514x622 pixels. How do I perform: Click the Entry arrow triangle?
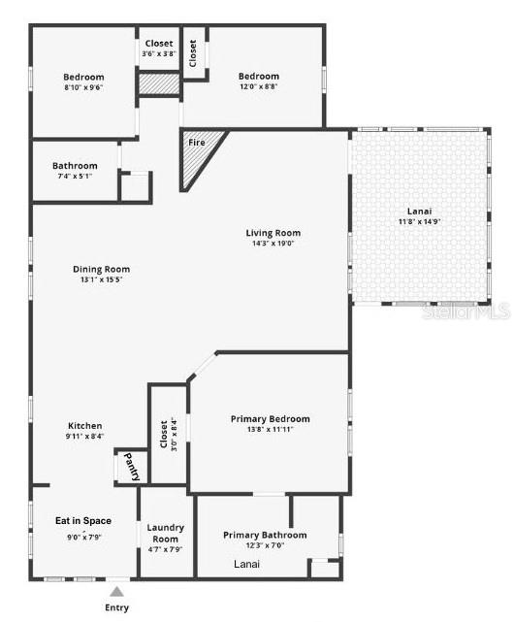pos(116,590)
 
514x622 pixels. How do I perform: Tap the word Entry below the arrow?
pos(115,607)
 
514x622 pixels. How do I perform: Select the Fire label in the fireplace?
pos(196,143)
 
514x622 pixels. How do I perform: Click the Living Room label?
pos(273,233)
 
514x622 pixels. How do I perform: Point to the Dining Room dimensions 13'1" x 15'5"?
pos(101,280)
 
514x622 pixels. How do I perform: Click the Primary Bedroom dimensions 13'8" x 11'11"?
pos(270,430)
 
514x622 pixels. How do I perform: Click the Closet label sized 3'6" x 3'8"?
pos(159,54)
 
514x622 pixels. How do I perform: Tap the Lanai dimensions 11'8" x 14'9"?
pos(420,222)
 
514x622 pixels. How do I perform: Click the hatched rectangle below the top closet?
pos(158,84)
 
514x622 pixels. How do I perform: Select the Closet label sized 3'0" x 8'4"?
pos(168,435)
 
